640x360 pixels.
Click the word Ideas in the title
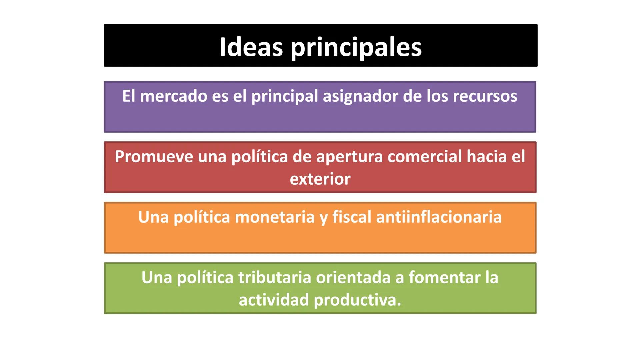click(251, 47)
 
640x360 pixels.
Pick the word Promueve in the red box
click(154, 156)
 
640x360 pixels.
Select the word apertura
click(349, 157)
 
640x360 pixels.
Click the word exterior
click(320, 179)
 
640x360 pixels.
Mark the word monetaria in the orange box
click(275, 217)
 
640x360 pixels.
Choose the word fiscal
click(352, 217)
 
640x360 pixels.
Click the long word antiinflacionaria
click(439, 217)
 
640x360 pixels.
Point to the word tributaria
click(275, 277)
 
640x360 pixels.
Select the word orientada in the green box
click(353, 277)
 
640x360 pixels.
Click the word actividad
click(274, 300)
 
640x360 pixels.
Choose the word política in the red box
click(259, 157)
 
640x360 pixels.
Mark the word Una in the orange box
click(153, 217)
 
